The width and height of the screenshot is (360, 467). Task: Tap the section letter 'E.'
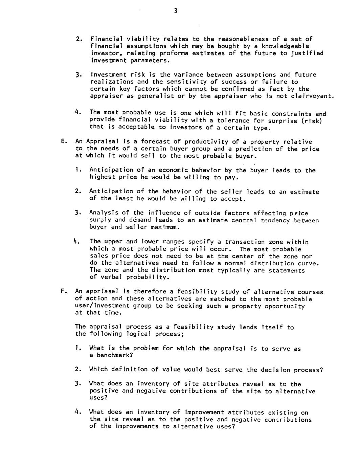click(63, 141)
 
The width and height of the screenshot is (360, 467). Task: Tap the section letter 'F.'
click(63, 291)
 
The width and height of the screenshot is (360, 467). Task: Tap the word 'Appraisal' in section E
click(102, 141)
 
